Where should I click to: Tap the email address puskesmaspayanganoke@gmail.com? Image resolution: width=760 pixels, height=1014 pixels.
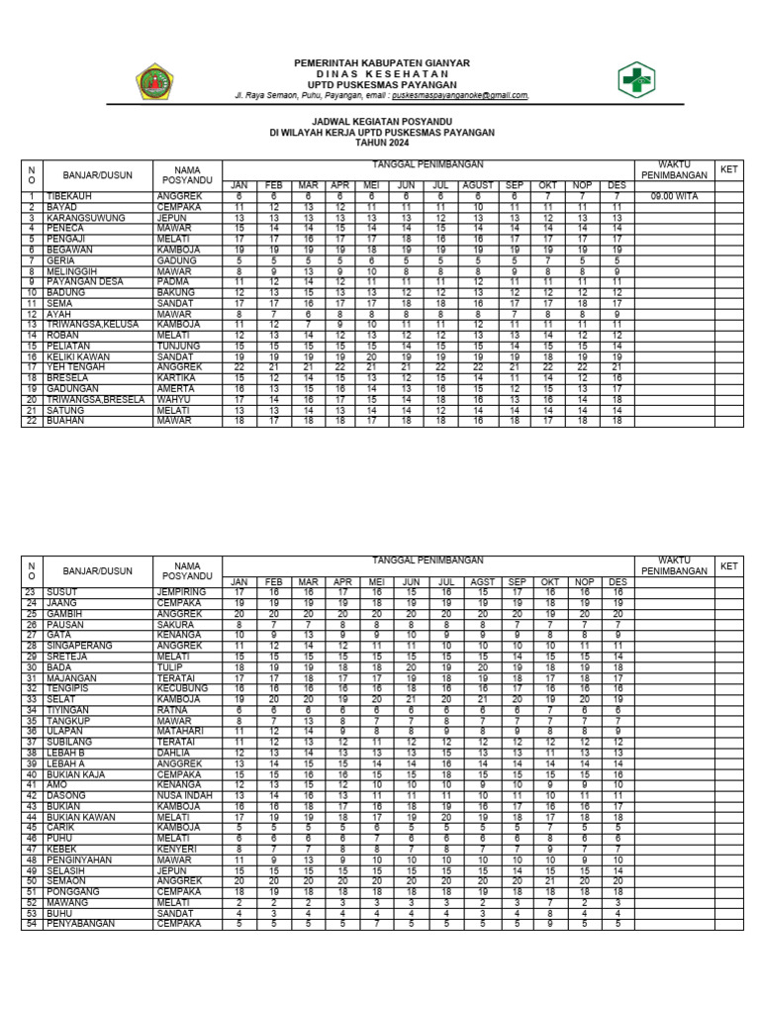[459, 96]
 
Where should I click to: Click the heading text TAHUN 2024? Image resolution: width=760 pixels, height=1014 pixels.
[381, 143]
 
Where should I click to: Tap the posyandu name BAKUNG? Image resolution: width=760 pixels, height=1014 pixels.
[173, 292]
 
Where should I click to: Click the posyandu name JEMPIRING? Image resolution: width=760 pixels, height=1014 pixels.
[180, 592]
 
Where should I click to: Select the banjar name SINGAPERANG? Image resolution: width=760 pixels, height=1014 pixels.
[81, 646]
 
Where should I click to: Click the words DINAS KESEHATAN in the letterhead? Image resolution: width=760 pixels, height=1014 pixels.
[381, 74]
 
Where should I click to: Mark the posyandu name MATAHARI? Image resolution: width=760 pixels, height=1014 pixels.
[178, 731]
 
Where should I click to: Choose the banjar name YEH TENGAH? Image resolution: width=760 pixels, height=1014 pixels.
[76, 366]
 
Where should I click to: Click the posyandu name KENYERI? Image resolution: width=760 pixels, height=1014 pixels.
[175, 849]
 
